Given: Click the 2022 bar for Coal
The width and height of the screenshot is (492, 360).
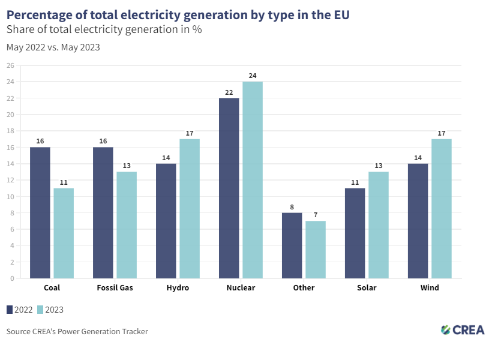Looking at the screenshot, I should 40,212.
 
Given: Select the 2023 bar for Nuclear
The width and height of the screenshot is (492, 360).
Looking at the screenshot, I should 253,180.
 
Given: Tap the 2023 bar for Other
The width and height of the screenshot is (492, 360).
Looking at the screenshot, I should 316,250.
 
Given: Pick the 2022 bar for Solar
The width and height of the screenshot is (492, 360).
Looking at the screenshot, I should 355,233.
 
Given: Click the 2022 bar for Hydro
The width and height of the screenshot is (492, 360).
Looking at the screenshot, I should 166,221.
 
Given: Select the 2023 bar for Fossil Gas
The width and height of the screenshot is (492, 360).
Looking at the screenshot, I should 127,225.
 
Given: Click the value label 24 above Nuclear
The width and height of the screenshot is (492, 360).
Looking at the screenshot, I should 253,76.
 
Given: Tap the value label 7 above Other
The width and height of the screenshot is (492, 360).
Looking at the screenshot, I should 316,215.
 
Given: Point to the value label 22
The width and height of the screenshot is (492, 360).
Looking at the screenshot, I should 229,92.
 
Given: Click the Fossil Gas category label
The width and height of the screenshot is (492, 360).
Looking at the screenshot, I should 115,288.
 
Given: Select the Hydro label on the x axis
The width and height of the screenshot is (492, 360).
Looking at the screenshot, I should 178,288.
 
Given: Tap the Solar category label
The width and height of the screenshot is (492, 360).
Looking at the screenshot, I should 367,288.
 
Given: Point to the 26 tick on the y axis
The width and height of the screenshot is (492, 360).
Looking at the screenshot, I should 10,65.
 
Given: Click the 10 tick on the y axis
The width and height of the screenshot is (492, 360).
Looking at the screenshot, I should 10,197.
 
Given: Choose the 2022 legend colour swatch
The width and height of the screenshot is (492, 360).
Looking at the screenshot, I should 10,310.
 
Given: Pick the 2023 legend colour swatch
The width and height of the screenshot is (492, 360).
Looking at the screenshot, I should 41,310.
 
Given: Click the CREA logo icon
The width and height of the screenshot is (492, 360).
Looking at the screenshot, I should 446,329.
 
